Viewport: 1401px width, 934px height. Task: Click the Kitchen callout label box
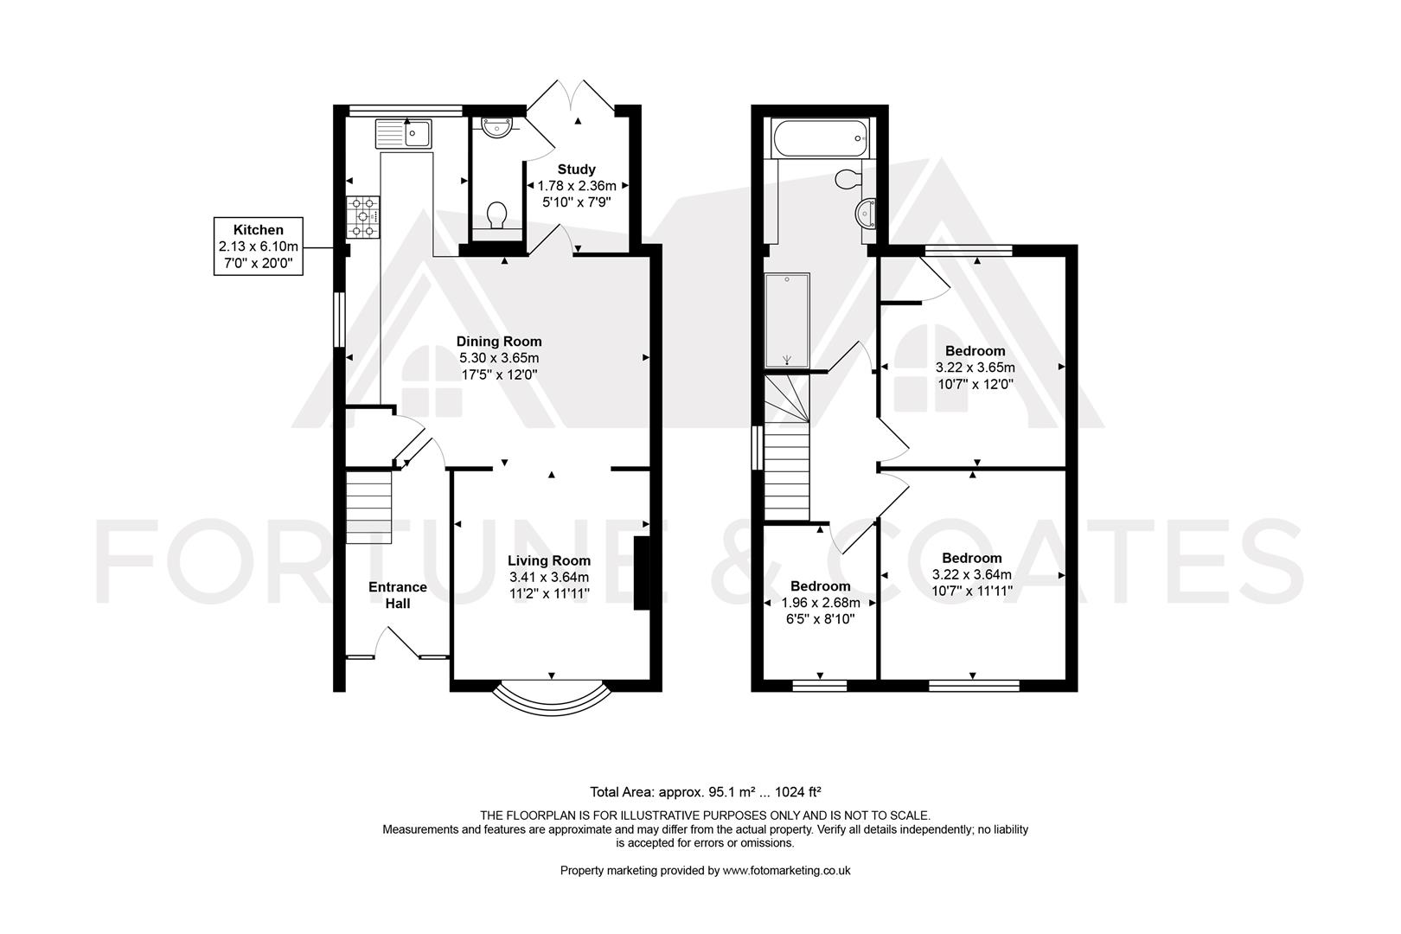[259, 246]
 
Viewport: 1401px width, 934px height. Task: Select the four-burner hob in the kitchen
[363, 217]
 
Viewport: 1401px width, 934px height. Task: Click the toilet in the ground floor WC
[497, 214]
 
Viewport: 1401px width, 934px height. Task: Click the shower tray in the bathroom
[788, 320]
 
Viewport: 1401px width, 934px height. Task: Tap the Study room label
[576, 169]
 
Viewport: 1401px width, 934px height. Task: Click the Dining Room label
[499, 342]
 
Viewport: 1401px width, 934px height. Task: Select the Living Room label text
[549, 560]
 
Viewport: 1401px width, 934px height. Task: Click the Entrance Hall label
[398, 595]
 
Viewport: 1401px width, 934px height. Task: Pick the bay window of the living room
[552, 700]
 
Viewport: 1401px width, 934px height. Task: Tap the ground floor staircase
[369, 508]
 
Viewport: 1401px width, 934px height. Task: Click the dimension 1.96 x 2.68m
[821, 603]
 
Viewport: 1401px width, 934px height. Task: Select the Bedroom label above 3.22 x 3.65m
[975, 351]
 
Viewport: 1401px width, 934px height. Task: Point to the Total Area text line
[706, 792]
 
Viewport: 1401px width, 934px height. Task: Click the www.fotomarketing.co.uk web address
[786, 870]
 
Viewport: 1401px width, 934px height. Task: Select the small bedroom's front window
[819, 686]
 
